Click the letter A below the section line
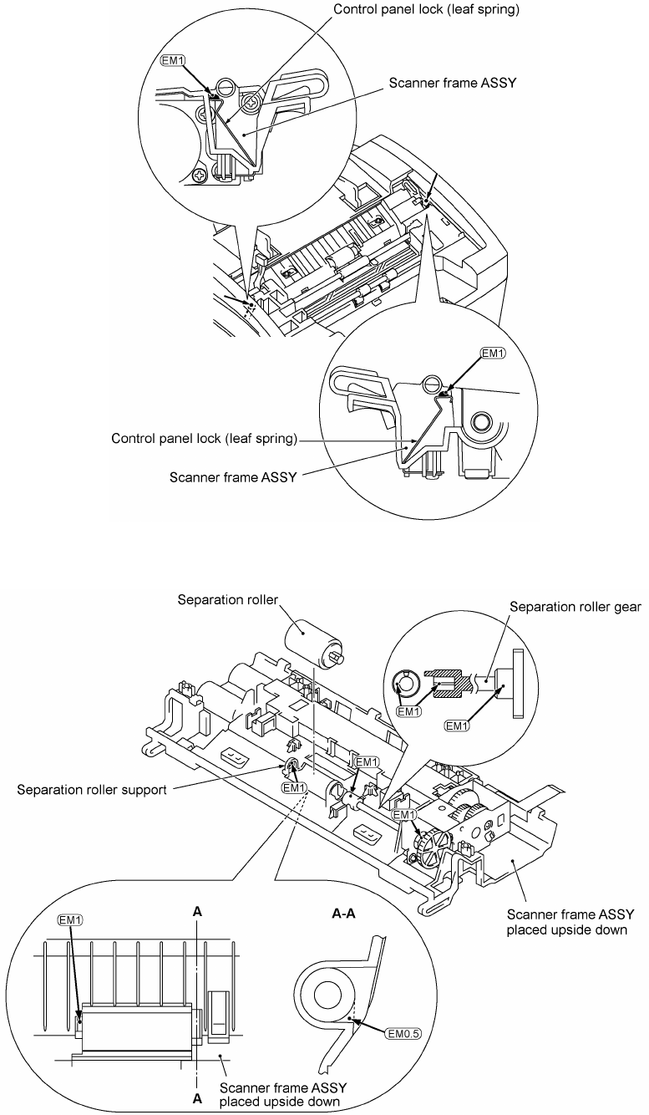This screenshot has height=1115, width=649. (197, 1100)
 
